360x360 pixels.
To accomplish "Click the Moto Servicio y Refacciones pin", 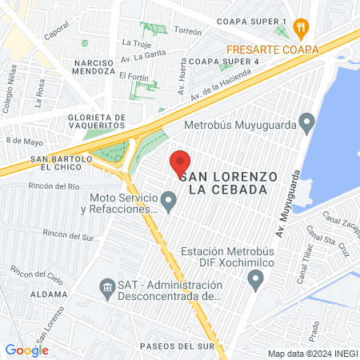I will tap(168, 202).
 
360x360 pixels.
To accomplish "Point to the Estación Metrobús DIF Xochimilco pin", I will tap(256, 280).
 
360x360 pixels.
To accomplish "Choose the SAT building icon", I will tap(106, 286).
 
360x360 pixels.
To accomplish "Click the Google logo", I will tap(26, 350).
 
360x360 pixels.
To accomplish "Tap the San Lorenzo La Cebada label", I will tap(229, 182).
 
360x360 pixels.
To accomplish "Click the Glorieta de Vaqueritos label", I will tap(93, 121).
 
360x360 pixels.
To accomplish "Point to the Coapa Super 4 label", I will tap(224, 61).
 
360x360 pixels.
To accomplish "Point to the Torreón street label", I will tap(187, 32).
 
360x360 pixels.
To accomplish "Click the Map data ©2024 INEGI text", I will tap(312, 354).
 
